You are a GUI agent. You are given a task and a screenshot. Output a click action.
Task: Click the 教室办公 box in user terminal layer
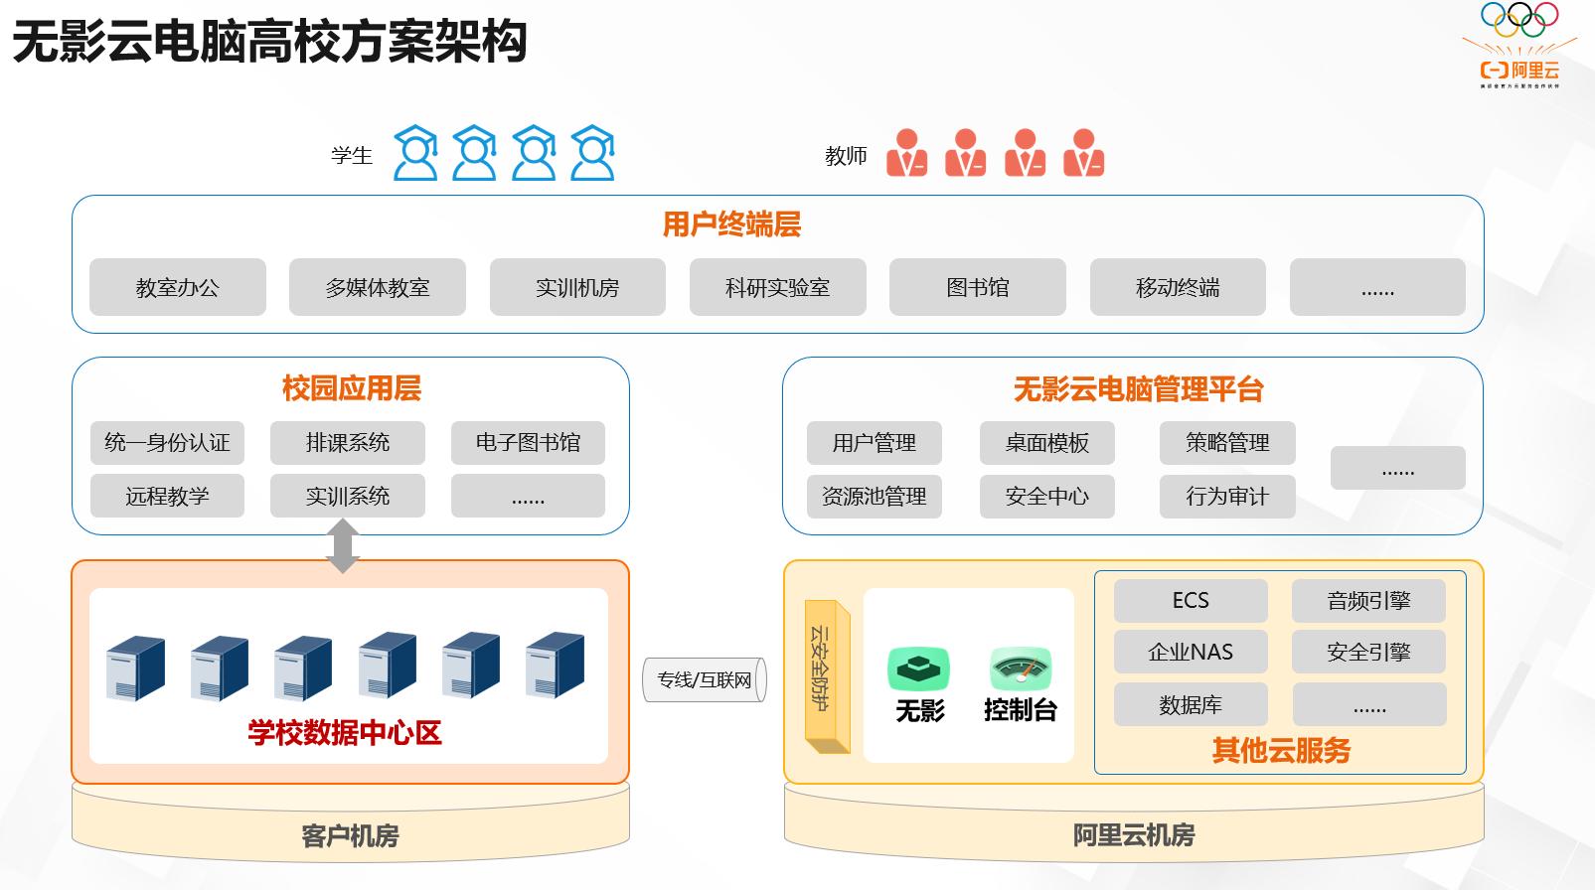178,287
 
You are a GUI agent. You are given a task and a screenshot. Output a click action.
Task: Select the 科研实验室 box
777,287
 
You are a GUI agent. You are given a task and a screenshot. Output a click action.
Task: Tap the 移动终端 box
1178,287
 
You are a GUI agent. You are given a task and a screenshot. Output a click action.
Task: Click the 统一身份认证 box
167,442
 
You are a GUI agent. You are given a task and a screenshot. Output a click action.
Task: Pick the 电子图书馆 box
528,442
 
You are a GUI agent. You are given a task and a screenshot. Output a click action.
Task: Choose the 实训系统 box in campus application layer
347,496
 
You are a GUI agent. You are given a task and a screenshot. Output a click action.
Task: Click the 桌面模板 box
1046,443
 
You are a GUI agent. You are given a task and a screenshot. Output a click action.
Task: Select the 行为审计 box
1227,496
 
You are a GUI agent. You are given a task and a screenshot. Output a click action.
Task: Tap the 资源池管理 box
874,496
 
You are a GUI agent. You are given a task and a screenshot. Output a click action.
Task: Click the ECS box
1191,600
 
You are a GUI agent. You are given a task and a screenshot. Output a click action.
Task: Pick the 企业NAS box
1191,652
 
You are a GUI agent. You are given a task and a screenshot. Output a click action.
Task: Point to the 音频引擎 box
1368,600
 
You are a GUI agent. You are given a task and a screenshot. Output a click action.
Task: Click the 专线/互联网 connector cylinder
705,679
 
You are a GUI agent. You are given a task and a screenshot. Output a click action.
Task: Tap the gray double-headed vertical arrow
343,546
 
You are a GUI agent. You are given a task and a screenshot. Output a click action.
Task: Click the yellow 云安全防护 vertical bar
826,675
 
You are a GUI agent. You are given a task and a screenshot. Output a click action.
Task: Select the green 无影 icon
918,668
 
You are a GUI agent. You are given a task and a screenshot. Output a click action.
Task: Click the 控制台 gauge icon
1021,668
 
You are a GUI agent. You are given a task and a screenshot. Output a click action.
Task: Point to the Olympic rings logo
1519,19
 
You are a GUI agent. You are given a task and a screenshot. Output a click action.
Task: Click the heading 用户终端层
731,224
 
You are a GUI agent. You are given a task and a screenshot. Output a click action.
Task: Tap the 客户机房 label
350,835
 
